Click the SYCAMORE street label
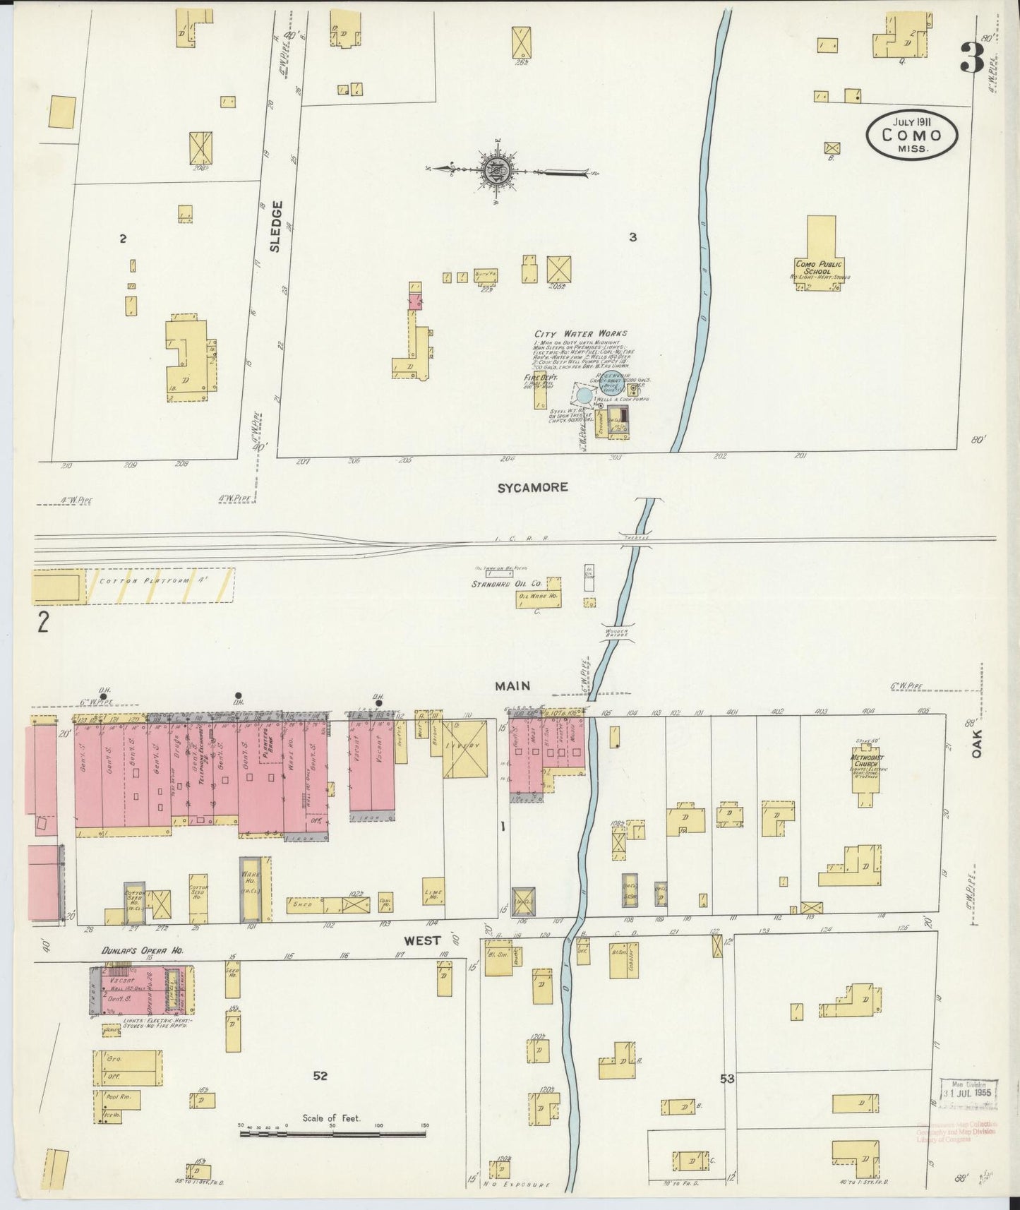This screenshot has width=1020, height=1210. point(533,487)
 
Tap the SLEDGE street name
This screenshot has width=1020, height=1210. point(276,226)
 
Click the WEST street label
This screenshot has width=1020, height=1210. point(422,940)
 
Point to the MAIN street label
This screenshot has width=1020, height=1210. point(512,685)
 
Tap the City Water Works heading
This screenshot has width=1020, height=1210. point(580,333)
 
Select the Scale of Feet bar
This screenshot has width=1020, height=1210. point(332,1134)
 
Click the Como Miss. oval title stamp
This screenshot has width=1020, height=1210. point(912,134)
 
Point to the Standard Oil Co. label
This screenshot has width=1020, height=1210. point(506,584)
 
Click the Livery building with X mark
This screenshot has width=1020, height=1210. point(465,748)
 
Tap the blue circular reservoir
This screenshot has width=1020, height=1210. point(585,395)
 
